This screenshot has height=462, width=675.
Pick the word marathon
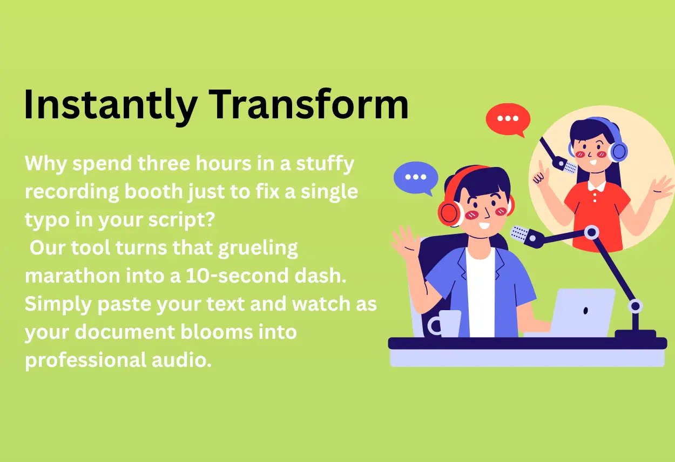click(x=73, y=276)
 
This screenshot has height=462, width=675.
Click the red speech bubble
click(x=507, y=119)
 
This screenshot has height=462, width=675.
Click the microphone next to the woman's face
click(x=566, y=165)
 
